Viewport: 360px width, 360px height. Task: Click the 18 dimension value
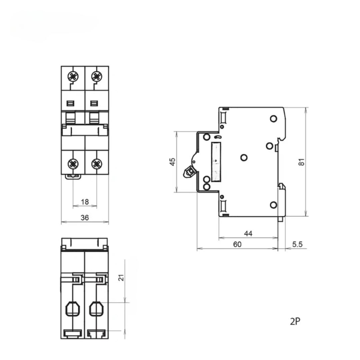click(85, 202)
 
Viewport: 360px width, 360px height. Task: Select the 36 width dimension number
click(85, 218)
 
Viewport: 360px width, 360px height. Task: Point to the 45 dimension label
click(172, 162)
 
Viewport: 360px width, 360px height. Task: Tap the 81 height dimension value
click(301, 162)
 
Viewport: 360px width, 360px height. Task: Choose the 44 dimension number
click(248, 233)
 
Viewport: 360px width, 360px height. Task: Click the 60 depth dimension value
click(237, 244)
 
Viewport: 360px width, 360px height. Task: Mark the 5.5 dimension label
click(297, 244)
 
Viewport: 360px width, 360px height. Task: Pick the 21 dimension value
click(121, 278)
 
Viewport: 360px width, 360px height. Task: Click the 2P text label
click(295, 321)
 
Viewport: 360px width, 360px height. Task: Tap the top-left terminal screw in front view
click(73, 76)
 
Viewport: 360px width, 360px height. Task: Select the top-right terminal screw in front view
click(97, 76)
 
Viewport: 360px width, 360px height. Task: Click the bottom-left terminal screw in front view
click(73, 164)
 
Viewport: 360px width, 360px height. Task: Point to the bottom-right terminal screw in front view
click(97, 164)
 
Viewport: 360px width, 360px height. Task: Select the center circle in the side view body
click(244, 158)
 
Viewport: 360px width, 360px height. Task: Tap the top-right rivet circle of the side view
click(273, 119)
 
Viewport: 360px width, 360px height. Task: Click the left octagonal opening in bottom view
click(73, 309)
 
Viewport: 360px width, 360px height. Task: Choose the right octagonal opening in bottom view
click(96, 309)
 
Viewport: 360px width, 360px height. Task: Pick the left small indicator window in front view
click(70, 104)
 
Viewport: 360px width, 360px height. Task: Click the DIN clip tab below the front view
click(73, 177)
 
